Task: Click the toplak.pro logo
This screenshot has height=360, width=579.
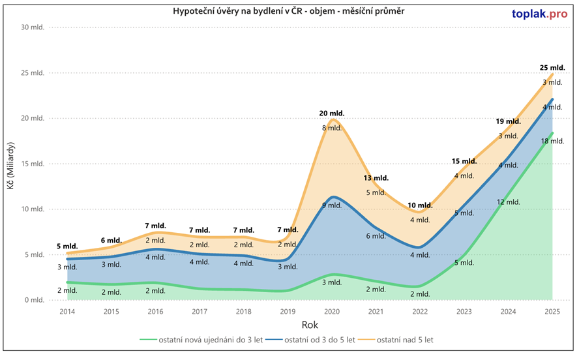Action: click(539, 14)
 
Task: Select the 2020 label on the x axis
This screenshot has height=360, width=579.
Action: click(332, 312)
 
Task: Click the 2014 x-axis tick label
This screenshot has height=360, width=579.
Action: click(67, 312)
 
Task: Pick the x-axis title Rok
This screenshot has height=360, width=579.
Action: click(310, 325)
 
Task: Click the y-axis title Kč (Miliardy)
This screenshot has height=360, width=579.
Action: click(11, 164)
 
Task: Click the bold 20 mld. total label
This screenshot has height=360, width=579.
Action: click(332, 113)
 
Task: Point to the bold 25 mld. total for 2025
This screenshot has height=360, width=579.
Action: click(552, 68)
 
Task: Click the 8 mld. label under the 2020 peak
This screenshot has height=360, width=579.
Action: click(332, 128)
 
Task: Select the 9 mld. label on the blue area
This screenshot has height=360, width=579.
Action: click(332, 205)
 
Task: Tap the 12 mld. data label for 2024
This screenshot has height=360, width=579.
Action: click(508, 202)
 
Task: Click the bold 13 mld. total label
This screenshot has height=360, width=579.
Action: click(376, 177)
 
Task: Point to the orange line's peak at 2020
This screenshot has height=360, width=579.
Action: click(333, 119)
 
